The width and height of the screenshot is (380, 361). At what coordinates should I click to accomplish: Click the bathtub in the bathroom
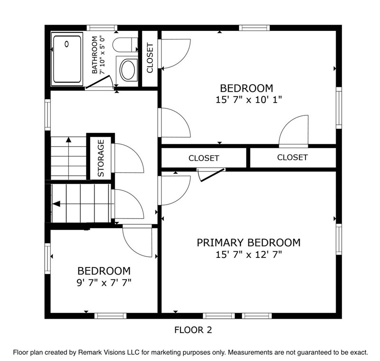[x=67, y=59]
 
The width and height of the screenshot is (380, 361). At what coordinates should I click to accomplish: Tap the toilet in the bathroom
[x=125, y=45]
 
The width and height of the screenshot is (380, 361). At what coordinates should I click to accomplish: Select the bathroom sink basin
[x=128, y=70]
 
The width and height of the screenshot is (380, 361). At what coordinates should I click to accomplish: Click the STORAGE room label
[x=101, y=158]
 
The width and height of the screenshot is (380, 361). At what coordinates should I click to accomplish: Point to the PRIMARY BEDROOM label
[x=248, y=243]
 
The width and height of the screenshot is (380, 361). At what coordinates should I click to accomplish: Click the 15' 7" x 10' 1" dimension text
[x=249, y=100]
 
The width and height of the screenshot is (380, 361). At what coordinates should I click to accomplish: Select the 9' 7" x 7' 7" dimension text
[x=104, y=283]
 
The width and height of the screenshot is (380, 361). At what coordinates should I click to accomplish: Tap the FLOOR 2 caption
[x=193, y=330]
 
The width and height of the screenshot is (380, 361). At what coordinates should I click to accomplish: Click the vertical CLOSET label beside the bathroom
[x=150, y=58]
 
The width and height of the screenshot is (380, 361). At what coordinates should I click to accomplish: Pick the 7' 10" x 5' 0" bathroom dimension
[x=103, y=55]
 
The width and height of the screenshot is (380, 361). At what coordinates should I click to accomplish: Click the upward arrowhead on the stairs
[x=68, y=140]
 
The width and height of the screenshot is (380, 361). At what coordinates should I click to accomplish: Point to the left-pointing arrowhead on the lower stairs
[x=57, y=204]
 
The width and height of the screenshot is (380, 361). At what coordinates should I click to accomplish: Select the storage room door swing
[x=128, y=158]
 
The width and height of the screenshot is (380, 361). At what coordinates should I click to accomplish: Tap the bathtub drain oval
[x=66, y=44]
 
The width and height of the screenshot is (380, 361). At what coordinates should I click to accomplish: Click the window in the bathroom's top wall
[x=102, y=28]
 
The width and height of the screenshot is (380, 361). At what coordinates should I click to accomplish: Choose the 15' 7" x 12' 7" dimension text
[x=249, y=255]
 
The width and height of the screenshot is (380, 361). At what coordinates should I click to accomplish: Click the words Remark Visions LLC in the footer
[x=109, y=352]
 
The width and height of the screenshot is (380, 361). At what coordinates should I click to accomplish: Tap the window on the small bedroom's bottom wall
[x=110, y=316]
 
